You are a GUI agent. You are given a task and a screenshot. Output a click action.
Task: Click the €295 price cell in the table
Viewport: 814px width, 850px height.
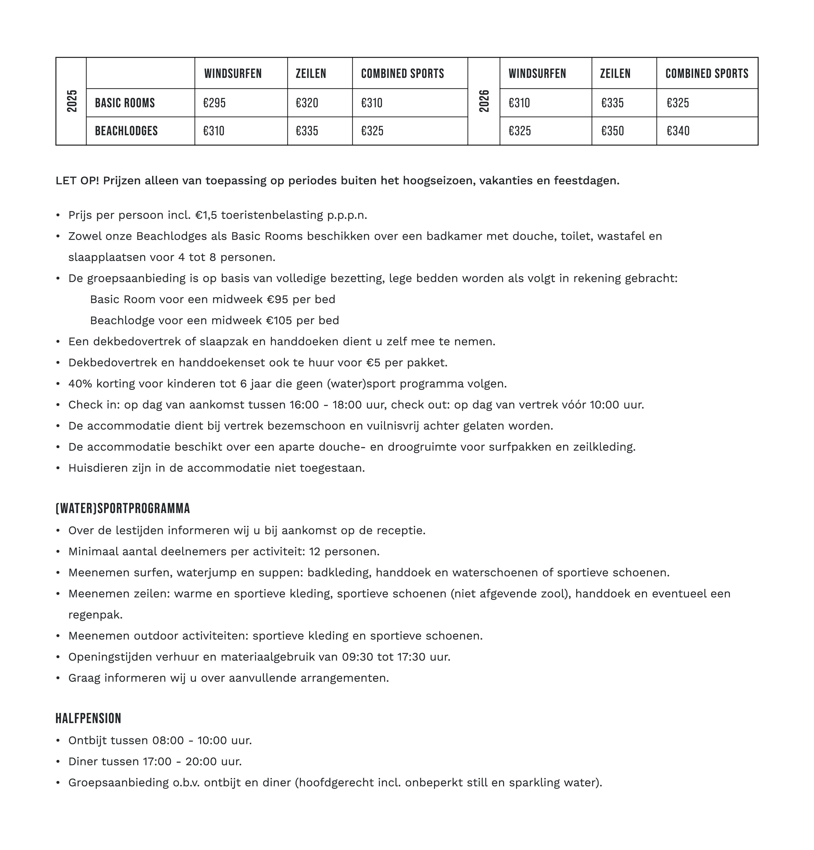[215, 103]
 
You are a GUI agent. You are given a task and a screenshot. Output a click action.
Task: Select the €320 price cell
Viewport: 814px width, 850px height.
[307, 103]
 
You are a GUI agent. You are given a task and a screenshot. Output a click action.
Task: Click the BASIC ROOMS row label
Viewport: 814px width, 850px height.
[125, 103]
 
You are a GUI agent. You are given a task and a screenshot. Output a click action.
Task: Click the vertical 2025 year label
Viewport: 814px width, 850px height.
[72, 101]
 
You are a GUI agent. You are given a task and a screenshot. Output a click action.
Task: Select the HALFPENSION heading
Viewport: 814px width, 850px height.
[88, 718]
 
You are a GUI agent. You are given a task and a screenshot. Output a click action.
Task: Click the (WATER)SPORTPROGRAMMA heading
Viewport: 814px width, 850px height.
[123, 508]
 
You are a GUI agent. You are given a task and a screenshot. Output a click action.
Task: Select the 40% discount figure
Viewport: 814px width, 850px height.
[80, 384]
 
